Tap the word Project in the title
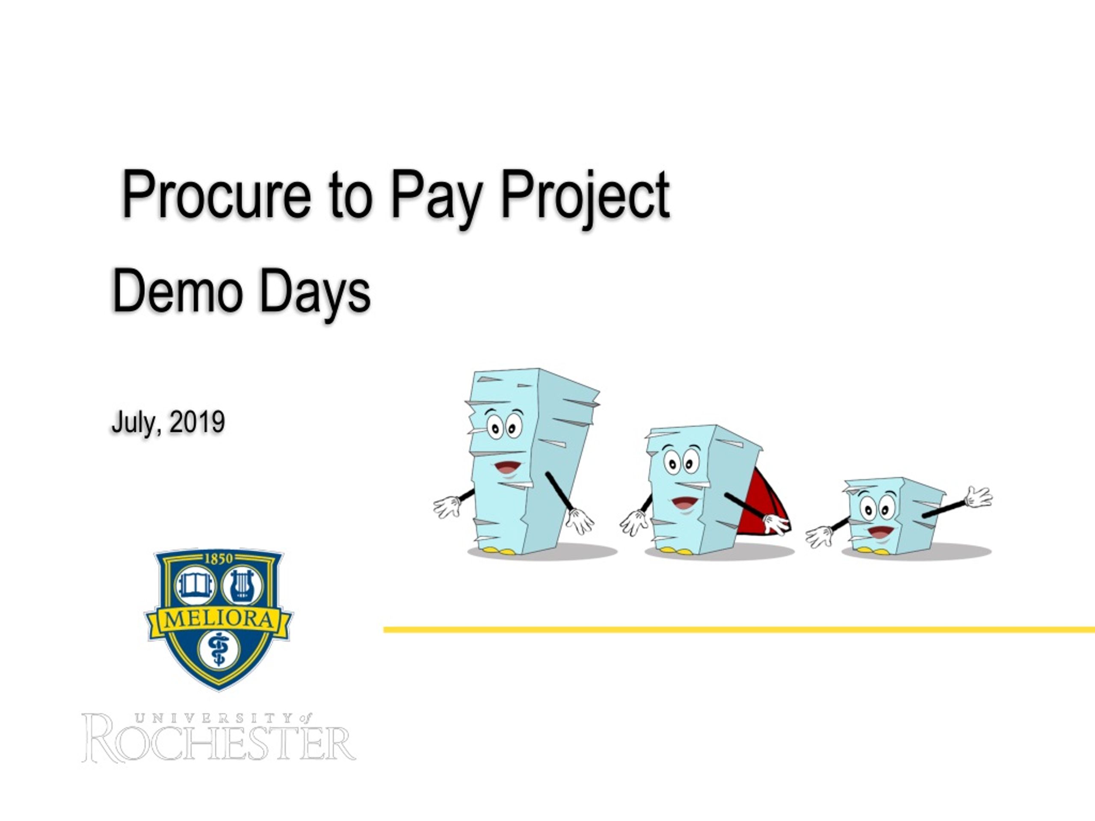585,198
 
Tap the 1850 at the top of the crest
218,559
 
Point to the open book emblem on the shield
196,586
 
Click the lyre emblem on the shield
242,586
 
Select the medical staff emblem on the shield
218,650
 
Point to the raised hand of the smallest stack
979,497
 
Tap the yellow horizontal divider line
739,629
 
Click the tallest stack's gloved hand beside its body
580,521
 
